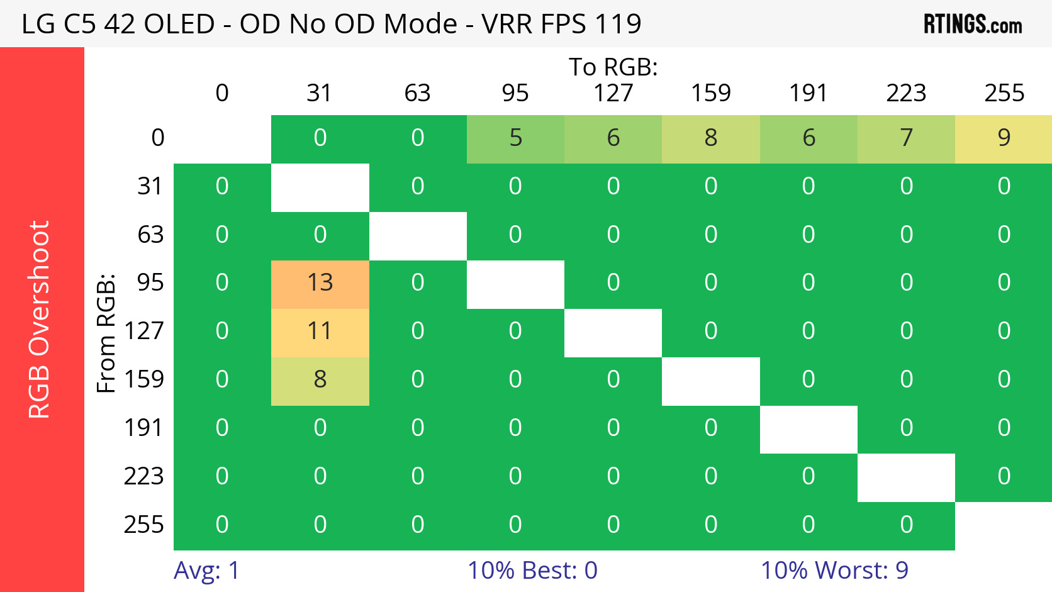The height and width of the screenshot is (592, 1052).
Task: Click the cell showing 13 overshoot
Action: tap(320, 282)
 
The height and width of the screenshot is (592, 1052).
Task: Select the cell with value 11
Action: tap(320, 331)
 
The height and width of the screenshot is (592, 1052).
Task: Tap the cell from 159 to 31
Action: tap(320, 379)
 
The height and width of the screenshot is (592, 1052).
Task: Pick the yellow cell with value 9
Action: tap(1004, 138)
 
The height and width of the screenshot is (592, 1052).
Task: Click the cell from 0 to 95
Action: tap(515, 138)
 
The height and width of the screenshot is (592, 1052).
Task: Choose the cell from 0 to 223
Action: tap(906, 138)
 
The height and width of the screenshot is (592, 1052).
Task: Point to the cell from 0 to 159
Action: tap(710, 138)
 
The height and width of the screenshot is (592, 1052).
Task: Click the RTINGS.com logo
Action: tap(972, 25)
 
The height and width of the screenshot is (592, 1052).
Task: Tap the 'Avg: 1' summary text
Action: tap(206, 570)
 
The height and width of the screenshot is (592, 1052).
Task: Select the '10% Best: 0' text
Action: tap(532, 570)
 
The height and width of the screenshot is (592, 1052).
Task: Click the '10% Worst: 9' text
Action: tap(834, 570)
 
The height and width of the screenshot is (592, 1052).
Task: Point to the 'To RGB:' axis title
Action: tap(613, 67)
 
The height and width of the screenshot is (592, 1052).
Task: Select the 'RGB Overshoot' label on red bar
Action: tap(39, 320)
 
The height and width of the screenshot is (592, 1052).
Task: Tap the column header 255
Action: tap(1004, 93)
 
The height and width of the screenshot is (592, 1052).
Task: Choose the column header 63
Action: tap(417, 93)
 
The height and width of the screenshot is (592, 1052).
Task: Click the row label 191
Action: tap(143, 428)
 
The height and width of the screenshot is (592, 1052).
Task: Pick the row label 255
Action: tap(143, 525)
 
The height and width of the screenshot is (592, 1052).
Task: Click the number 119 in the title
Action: tap(618, 24)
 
